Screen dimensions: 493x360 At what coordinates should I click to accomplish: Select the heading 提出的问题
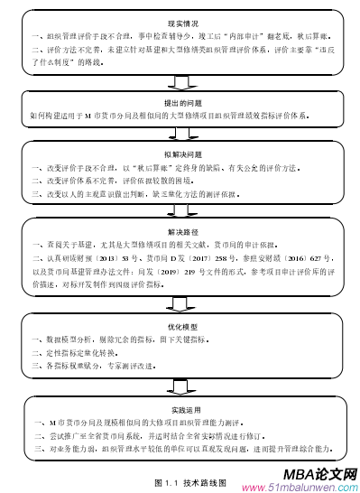point(180,103)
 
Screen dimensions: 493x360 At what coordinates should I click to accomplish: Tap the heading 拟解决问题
point(180,154)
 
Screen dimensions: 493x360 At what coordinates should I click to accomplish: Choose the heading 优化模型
point(180,326)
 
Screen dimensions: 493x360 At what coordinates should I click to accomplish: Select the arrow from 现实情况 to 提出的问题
point(180,84)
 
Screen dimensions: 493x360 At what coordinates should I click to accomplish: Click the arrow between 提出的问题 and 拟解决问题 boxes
point(180,136)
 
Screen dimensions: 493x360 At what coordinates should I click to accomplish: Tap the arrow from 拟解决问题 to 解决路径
point(180,213)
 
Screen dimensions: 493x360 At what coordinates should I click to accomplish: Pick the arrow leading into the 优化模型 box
point(180,305)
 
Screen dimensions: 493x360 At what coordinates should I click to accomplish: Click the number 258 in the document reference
point(217,257)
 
